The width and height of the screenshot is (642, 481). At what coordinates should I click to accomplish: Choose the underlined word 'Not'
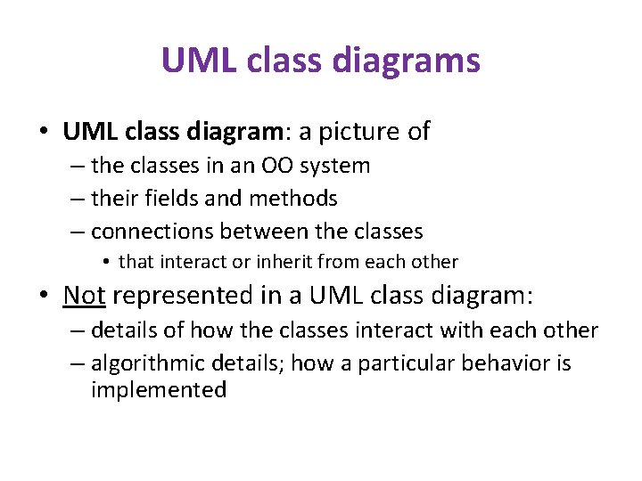pos(85,295)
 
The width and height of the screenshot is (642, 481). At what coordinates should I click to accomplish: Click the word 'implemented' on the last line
pos(159,390)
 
